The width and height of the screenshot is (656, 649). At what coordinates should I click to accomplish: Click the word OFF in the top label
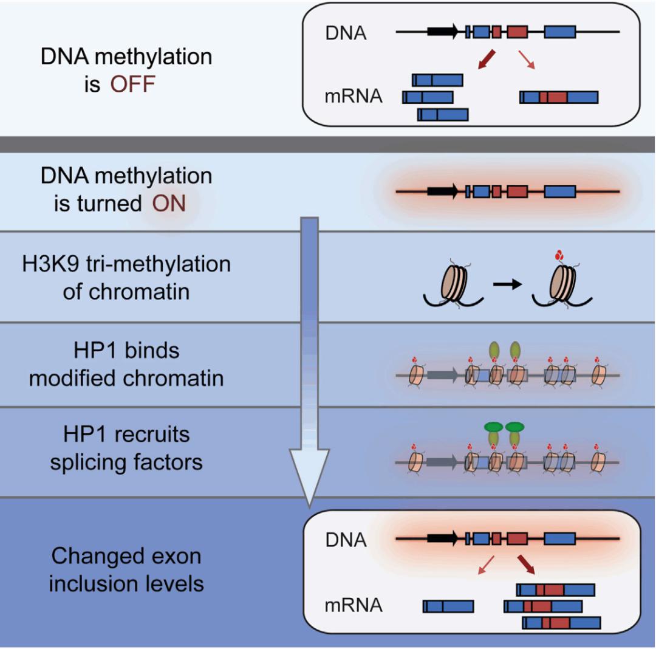pos(132,84)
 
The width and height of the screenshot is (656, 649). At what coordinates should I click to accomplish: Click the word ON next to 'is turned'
pos(169,204)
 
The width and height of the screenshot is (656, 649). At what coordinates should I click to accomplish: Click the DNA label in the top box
pos(346,33)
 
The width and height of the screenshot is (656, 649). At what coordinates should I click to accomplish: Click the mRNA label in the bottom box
pos(354,605)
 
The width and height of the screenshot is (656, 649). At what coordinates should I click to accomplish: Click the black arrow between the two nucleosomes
pos(507,284)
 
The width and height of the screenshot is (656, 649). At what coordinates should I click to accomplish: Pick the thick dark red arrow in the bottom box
pos(526,565)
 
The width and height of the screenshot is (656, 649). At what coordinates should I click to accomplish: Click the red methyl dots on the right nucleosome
pos(559,255)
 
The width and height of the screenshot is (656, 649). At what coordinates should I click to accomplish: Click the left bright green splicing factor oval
pos(493,427)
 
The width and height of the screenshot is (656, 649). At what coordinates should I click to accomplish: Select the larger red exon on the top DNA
pos(517,32)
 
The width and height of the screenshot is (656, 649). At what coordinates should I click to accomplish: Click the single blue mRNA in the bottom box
pos(448,606)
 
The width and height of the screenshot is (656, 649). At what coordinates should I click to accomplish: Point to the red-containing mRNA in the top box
pos(559,97)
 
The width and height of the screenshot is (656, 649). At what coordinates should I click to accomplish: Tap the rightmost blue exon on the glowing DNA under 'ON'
pos(560,191)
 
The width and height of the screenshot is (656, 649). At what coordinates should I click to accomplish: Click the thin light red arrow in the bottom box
pos(486,565)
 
